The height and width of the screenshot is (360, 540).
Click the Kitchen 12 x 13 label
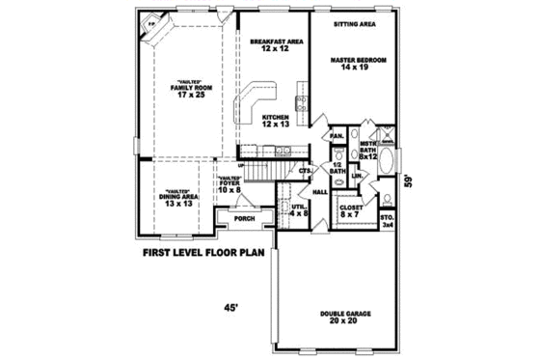276,121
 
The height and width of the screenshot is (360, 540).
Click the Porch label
244,219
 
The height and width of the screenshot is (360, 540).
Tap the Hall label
320,192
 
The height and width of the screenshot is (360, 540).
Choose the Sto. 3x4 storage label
388,221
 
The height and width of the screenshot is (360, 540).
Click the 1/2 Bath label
337,168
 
